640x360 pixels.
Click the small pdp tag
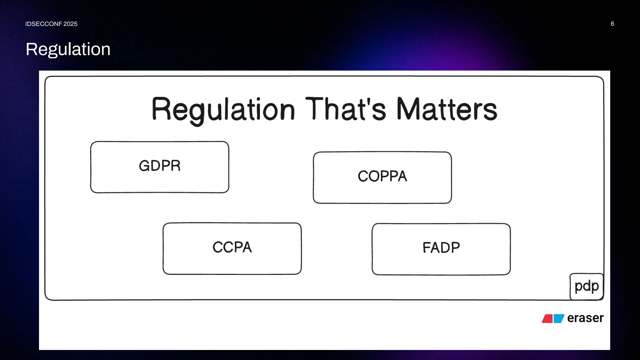[587, 286]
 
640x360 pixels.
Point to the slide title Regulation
[68, 49]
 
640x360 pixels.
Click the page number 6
[612, 24]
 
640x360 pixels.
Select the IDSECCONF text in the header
[43, 24]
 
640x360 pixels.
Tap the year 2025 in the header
[70, 24]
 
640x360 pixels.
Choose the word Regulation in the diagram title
[223, 110]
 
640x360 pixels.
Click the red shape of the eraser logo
[547, 318]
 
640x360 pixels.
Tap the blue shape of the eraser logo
[559, 318]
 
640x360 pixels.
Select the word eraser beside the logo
[585, 318]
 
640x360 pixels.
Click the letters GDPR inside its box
[160, 166]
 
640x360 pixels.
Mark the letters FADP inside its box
[441, 247]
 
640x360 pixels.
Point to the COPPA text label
[382, 176]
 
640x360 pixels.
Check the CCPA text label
[232, 247]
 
